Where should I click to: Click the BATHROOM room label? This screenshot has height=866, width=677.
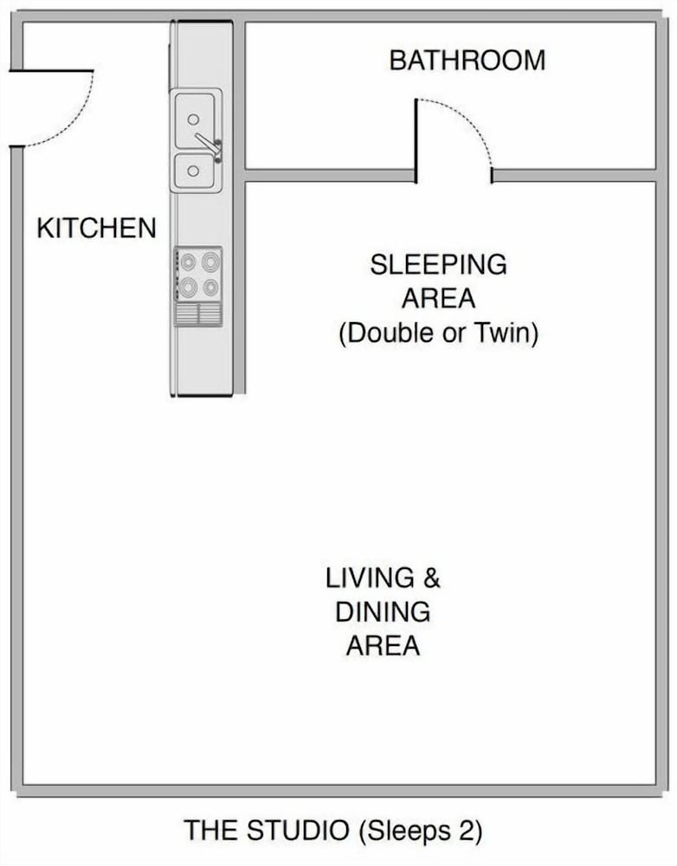click(467, 61)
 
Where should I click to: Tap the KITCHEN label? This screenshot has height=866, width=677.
click(97, 228)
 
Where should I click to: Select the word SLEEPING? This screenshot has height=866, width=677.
click(438, 264)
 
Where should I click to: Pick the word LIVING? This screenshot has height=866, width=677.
click(370, 578)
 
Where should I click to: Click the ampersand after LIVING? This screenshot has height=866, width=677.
click(432, 578)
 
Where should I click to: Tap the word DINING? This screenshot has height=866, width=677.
click(383, 612)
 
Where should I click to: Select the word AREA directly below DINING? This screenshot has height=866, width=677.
click(383, 646)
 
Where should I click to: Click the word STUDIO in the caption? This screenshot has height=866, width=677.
click(298, 830)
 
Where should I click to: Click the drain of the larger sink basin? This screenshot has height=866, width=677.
click(193, 119)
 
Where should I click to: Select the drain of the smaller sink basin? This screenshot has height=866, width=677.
click(193, 171)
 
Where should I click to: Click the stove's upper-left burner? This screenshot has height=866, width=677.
click(189, 261)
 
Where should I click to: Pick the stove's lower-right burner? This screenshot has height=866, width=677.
click(210, 288)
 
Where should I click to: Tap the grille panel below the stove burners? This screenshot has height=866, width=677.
click(198, 314)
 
